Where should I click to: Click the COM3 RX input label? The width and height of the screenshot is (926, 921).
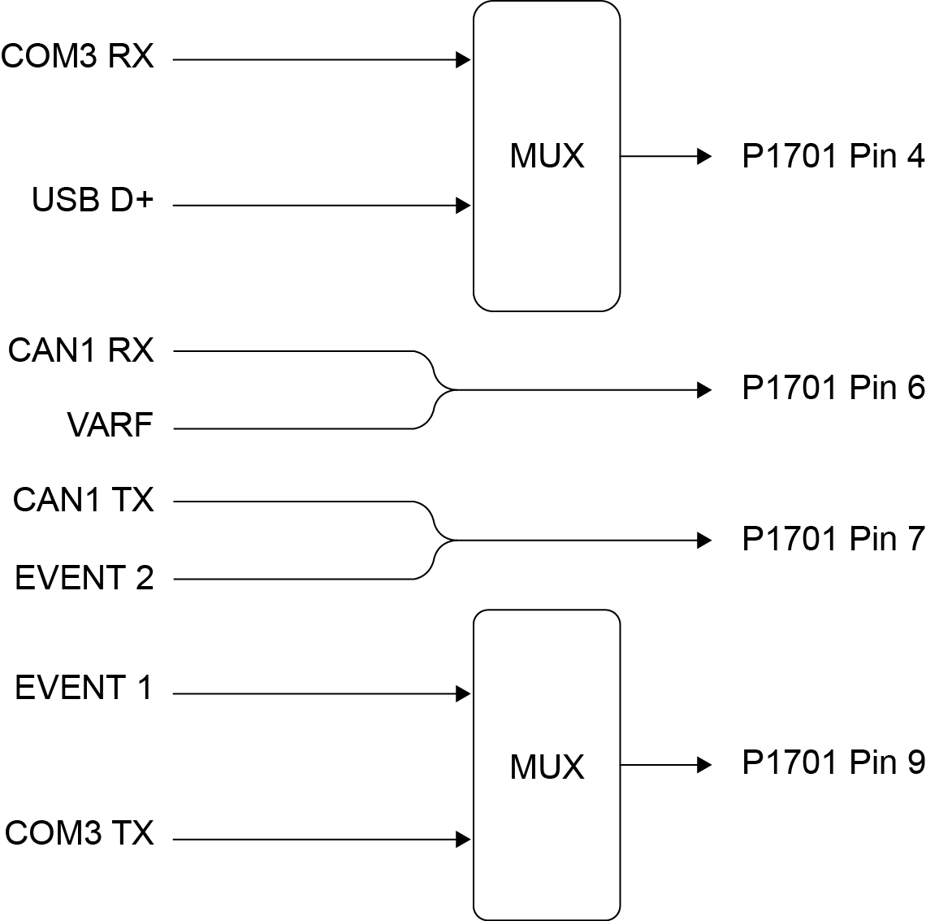(x=77, y=57)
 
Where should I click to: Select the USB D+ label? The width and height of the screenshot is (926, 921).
(x=92, y=200)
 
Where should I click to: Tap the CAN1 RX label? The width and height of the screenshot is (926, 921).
(x=80, y=350)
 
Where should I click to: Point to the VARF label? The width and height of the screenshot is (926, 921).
(x=110, y=425)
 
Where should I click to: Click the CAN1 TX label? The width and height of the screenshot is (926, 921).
(x=83, y=500)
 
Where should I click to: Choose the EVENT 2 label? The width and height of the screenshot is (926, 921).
(x=84, y=578)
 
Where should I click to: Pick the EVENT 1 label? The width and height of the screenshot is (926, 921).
(x=84, y=689)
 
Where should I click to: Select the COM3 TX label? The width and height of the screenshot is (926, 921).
(x=79, y=833)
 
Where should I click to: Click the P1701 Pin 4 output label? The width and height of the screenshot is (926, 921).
(x=833, y=156)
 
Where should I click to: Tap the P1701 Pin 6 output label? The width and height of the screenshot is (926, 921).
(x=833, y=389)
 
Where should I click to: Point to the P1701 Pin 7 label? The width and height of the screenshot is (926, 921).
(x=833, y=538)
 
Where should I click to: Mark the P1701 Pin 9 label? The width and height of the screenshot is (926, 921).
(x=833, y=762)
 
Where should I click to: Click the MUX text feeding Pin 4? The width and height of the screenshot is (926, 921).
(x=547, y=156)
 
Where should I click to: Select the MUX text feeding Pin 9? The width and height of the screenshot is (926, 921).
(x=547, y=767)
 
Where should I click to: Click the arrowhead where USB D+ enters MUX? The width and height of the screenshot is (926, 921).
(x=464, y=206)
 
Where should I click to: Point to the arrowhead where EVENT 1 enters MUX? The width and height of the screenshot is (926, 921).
(x=464, y=693)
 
